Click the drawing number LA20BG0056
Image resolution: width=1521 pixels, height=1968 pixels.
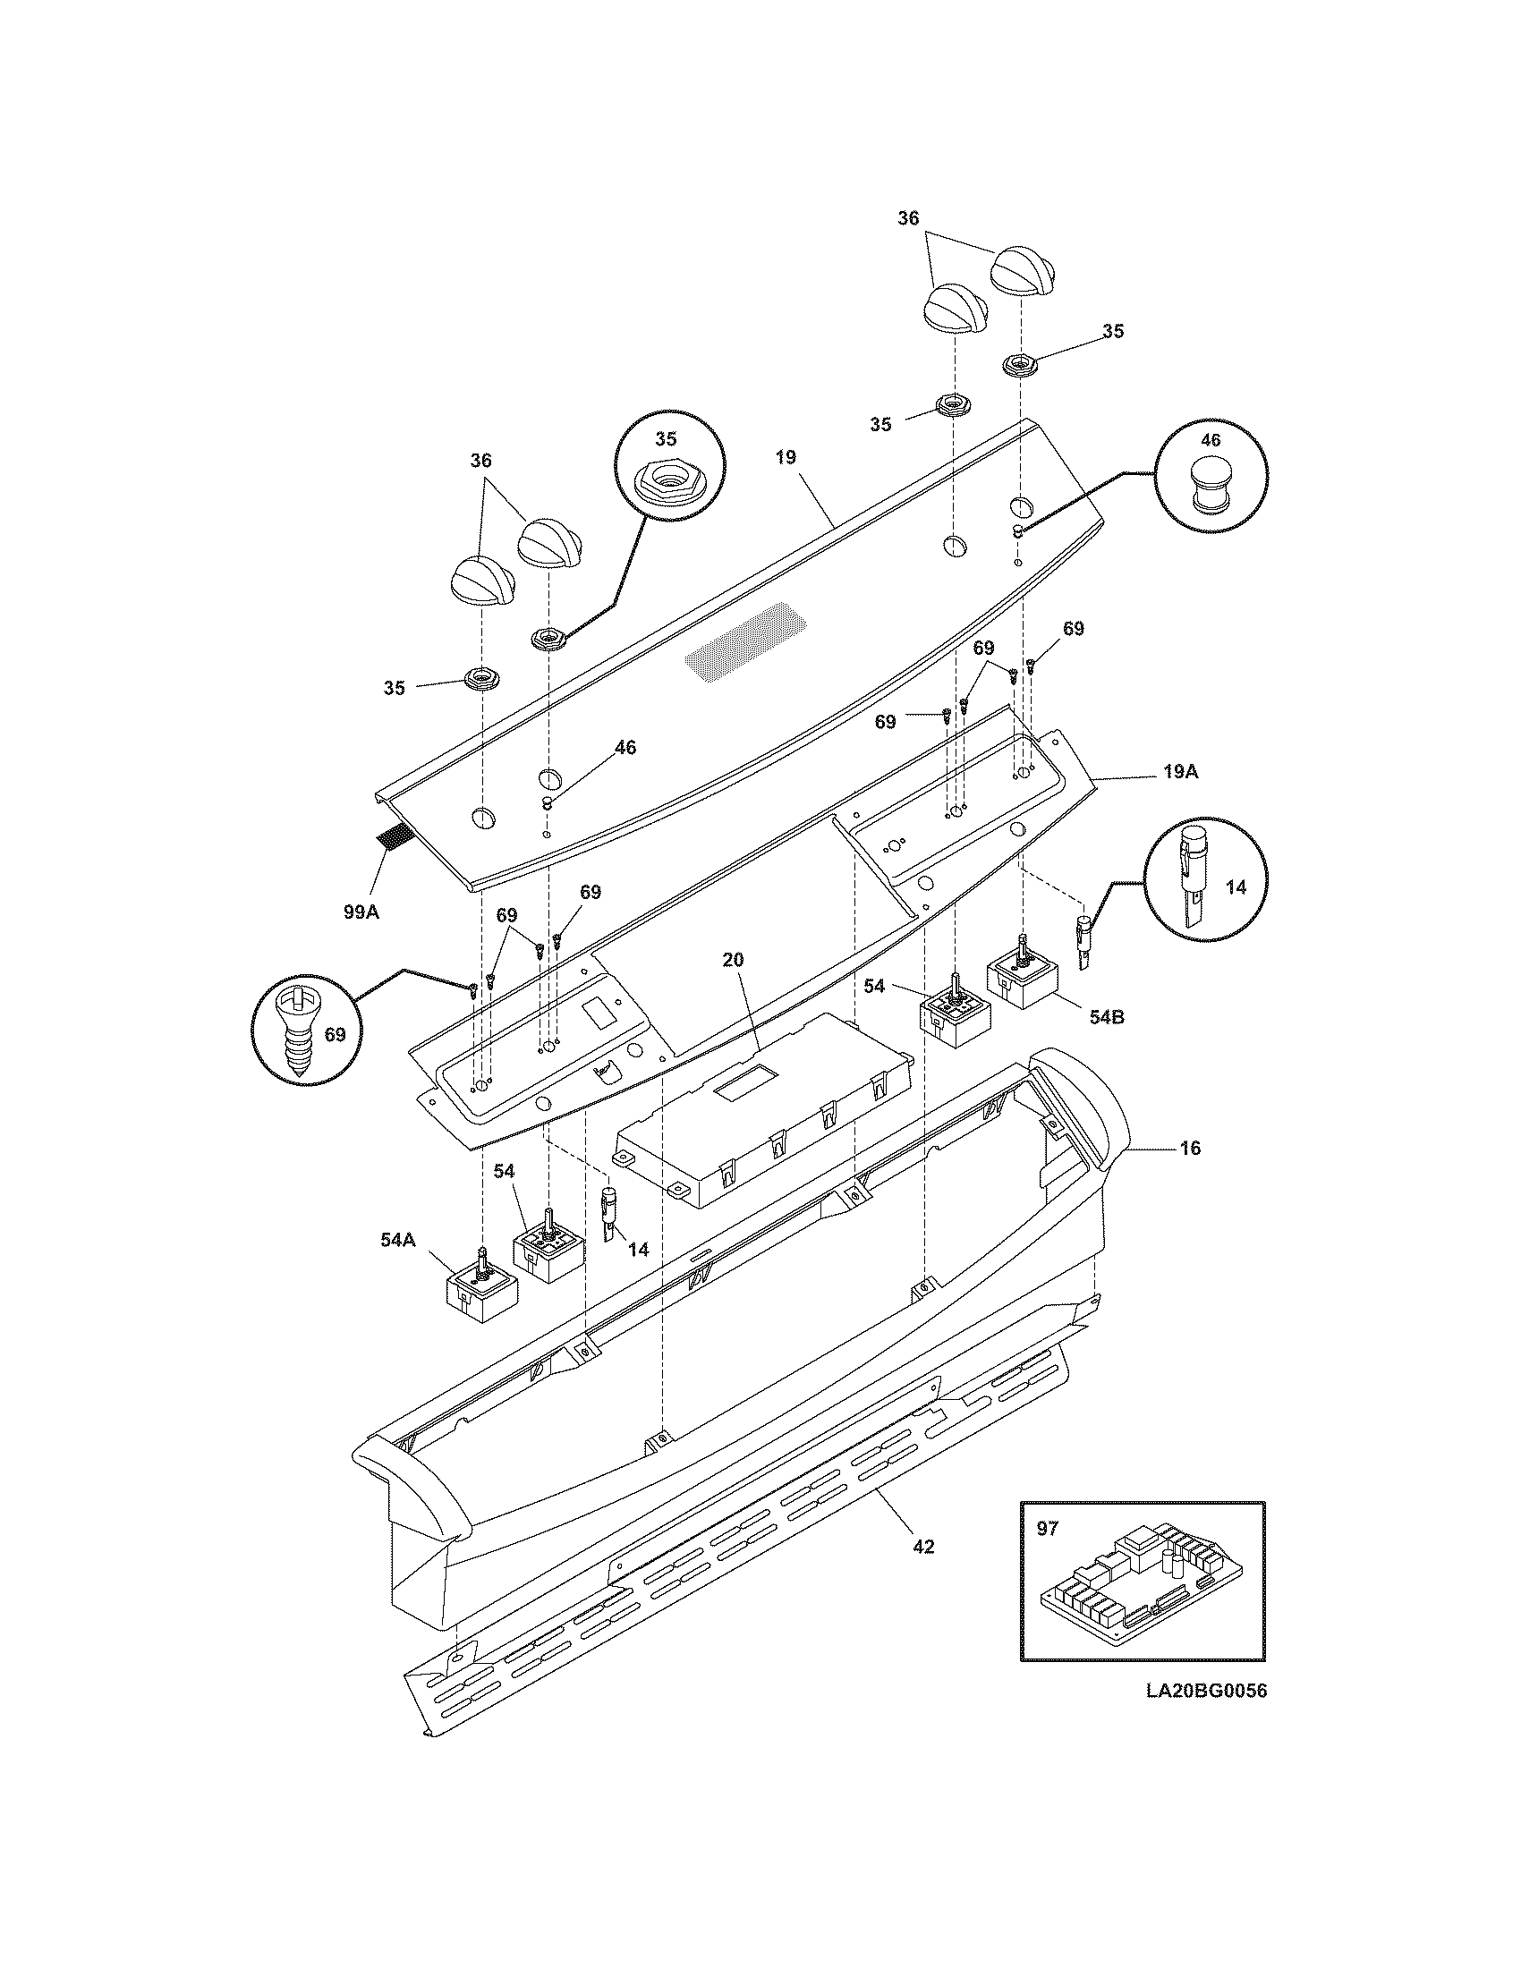click(1206, 1691)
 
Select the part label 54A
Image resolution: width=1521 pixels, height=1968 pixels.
click(397, 1240)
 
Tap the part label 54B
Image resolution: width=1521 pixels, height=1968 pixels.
click(1106, 1016)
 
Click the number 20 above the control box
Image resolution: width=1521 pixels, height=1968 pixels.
click(733, 960)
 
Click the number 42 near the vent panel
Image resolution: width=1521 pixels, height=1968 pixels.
click(923, 1547)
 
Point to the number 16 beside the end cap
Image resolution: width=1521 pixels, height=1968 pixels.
click(1190, 1148)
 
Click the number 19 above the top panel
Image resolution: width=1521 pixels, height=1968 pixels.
click(785, 457)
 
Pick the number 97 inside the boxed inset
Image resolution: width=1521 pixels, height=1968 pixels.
click(1048, 1529)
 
